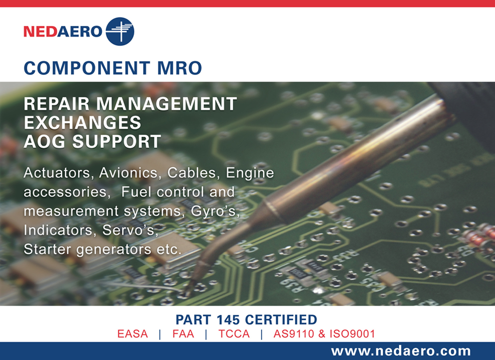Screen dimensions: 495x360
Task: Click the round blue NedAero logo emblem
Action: tap(120, 31)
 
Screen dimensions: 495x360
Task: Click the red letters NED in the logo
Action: tap(40, 31)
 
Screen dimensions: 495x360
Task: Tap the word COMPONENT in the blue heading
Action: tap(86, 68)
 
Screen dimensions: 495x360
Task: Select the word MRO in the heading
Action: tap(180, 68)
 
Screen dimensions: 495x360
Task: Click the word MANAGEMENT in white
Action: tap(166, 104)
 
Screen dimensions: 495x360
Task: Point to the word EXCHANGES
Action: tap(82, 122)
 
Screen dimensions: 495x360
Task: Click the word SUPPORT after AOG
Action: tap(117, 141)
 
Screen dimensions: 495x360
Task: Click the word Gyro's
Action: tap(215, 211)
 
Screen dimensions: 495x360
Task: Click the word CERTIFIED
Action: tap(281, 320)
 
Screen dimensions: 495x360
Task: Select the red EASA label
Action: tap(132, 334)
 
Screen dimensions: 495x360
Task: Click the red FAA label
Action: tap(183, 334)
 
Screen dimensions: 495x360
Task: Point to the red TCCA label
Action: tap(234, 334)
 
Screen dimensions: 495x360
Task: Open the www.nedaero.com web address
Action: tap(401, 351)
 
